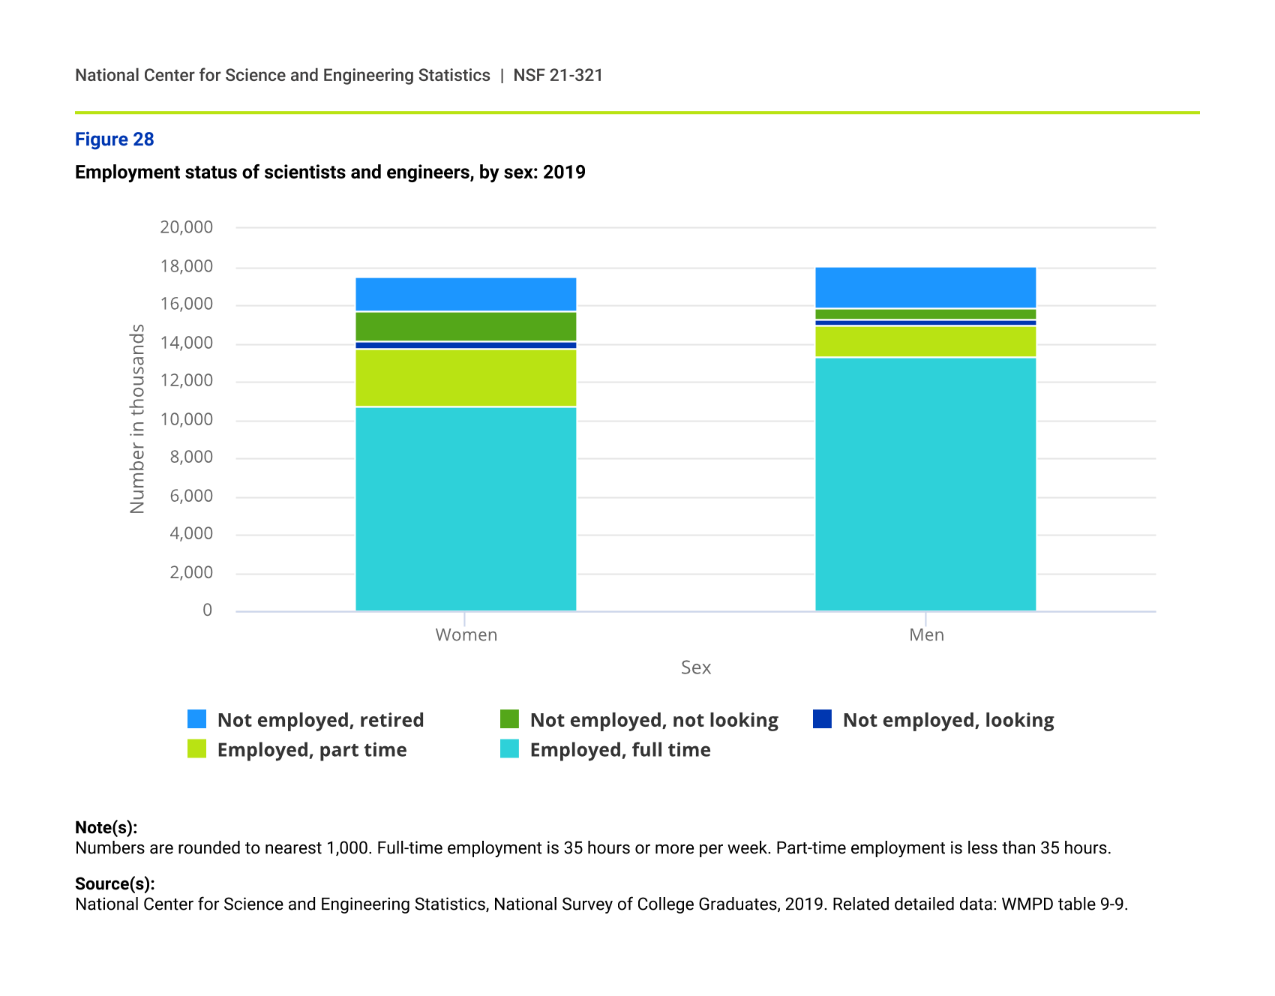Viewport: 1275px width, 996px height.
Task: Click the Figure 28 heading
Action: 114,139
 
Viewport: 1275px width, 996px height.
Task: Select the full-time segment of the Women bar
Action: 466,508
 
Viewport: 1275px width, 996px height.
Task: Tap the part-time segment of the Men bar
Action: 925,341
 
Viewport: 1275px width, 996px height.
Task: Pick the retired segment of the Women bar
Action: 466,294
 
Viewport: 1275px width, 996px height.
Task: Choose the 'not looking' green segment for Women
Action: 466,326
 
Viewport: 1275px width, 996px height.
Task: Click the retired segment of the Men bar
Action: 925,287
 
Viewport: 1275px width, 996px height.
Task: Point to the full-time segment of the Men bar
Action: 925,484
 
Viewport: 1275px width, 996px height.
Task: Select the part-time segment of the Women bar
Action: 466,378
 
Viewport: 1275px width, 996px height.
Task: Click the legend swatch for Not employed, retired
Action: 196,719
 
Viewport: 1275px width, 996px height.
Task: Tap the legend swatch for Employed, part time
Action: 196,748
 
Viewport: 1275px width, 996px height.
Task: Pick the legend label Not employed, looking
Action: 948,720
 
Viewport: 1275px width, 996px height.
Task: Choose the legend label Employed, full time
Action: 619,750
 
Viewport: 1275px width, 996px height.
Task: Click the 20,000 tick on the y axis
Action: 187,227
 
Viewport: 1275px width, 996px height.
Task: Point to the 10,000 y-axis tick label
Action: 187,419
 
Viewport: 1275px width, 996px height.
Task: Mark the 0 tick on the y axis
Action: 208,610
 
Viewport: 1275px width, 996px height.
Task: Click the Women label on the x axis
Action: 466,635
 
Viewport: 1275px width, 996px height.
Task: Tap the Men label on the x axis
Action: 926,635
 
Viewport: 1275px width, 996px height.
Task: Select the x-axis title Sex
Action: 695,667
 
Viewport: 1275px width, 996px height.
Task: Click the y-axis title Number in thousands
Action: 137,418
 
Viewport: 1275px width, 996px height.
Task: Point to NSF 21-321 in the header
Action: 558,75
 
